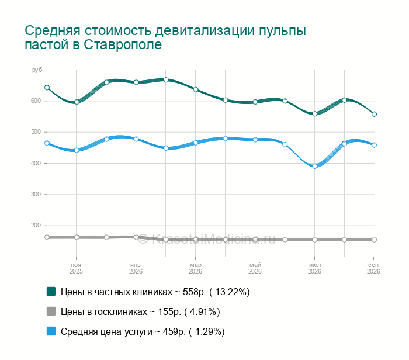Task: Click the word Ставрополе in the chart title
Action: (x=123, y=44)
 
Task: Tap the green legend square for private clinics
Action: (x=51, y=292)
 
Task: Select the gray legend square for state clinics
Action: (x=51, y=311)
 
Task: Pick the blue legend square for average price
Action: (x=51, y=331)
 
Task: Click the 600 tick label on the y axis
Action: (x=36, y=101)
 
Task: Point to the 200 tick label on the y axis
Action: (x=36, y=226)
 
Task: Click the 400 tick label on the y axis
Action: (x=36, y=163)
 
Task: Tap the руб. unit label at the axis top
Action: (x=37, y=70)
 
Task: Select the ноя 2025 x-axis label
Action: (x=76, y=268)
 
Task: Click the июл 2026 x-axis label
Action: (x=314, y=268)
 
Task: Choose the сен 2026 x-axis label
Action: (x=373, y=268)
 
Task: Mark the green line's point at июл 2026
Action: (x=314, y=114)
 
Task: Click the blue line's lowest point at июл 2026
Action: (x=314, y=166)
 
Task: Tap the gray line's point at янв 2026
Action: (x=136, y=237)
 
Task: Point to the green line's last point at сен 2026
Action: (x=374, y=114)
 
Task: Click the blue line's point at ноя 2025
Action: (x=77, y=150)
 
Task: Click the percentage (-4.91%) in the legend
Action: (x=202, y=311)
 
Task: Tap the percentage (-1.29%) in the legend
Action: (x=207, y=332)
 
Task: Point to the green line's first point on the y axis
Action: (x=47, y=88)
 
